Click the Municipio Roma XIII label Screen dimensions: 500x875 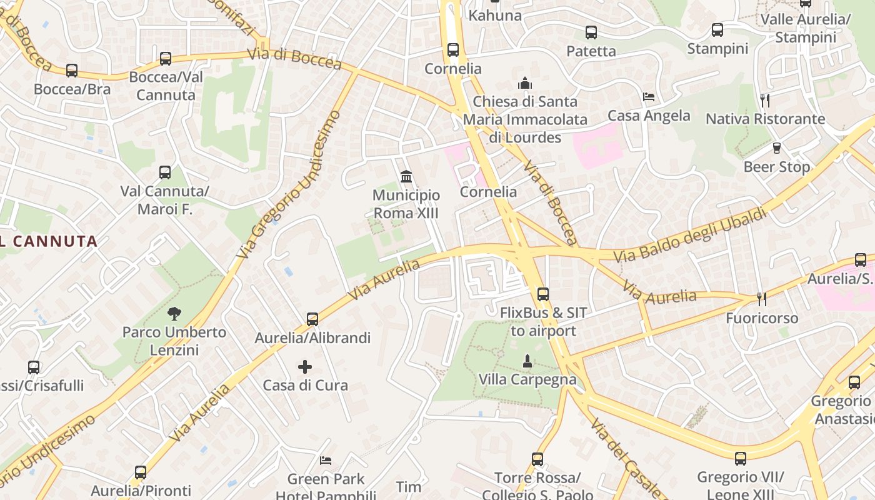click(406, 204)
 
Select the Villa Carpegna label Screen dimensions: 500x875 click(527, 379)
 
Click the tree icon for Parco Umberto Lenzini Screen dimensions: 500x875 click(174, 312)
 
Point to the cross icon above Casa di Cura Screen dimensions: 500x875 click(305, 366)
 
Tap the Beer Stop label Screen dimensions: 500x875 click(776, 167)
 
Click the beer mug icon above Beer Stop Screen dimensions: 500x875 click(776, 148)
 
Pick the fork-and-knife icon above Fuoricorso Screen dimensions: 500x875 click(761, 299)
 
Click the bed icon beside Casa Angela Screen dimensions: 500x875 click(649, 97)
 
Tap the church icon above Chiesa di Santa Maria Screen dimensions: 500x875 click(524, 83)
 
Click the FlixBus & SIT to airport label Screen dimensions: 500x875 click(542, 321)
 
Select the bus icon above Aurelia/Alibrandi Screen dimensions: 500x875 click(312, 319)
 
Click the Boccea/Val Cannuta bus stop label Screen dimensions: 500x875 click(166, 86)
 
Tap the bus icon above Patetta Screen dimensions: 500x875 click(591, 32)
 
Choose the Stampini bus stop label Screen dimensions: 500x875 click(717, 48)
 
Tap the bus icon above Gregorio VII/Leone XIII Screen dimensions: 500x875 click(741, 459)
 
